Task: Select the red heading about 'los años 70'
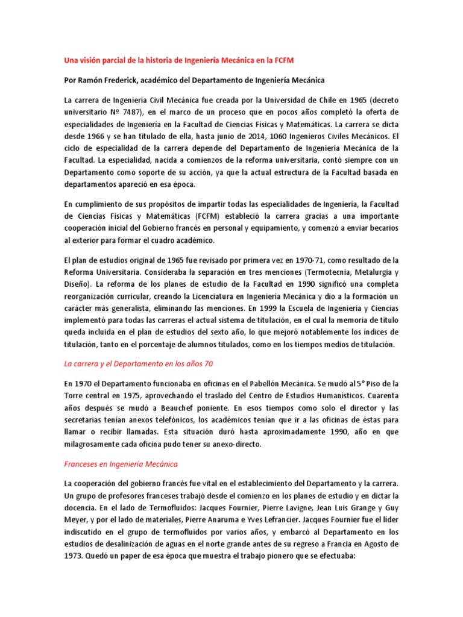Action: point(138,364)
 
